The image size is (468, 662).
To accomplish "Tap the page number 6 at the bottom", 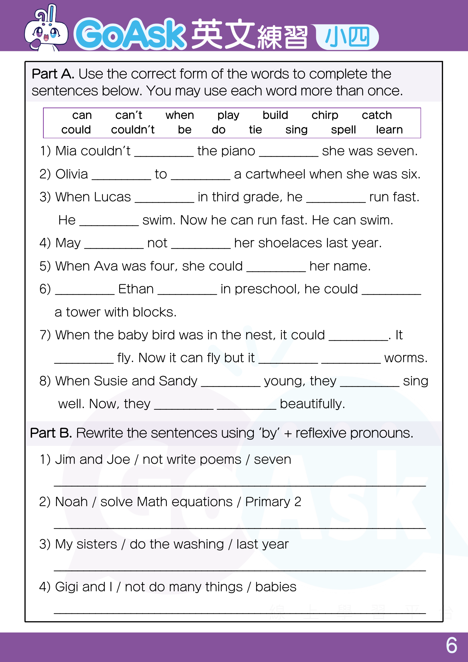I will click(451, 645).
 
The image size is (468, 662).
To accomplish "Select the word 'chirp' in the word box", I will click(325, 115).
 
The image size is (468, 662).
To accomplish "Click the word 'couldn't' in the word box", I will click(133, 130).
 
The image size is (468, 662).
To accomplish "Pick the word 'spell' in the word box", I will click(343, 130).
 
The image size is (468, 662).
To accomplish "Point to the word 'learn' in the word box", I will click(389, 130).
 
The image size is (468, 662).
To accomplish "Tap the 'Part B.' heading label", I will click(51, 433).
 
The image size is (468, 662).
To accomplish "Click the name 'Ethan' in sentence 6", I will click(136, 289).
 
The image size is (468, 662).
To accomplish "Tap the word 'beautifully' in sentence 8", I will click(312, 404).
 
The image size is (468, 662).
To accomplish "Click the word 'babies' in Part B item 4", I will click(276, 587).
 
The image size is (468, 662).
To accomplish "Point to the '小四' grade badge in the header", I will click(347, 37).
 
